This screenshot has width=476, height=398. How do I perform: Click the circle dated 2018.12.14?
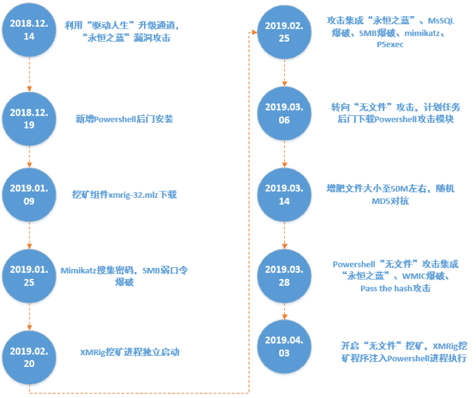click(x=29, y=29)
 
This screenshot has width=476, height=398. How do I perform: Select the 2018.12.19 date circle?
click(x=29, y=118)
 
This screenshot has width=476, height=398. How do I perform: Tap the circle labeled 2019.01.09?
click(x=29, y=195)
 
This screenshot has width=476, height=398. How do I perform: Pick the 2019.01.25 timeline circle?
click(x=29, y=276)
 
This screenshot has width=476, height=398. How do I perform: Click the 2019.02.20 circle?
click(x=29, y=357)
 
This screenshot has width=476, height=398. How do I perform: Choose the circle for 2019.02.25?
click(x=284, y=32)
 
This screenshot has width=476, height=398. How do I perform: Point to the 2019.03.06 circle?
click(x=284, y=113)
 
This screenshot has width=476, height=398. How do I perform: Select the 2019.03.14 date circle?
click(x=284, y=195)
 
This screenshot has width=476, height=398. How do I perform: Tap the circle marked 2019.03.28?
click(x=284, y=276)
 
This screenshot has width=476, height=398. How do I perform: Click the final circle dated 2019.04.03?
click(x=284, y=346)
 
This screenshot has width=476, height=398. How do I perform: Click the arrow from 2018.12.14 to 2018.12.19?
click(x=29, y=74)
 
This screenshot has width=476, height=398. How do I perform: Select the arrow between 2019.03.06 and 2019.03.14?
click(x=285, y=154)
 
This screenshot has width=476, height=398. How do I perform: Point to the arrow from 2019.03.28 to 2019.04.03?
click(x=285, y=311)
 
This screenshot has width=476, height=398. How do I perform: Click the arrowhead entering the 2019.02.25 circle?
click(x=255, y=32)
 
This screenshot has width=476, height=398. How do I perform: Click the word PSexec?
click(x=390, y=44)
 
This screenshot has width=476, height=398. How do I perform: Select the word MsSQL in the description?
click(x=441, y=21)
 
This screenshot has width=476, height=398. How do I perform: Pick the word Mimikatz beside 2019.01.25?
click(x=78, y=270)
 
